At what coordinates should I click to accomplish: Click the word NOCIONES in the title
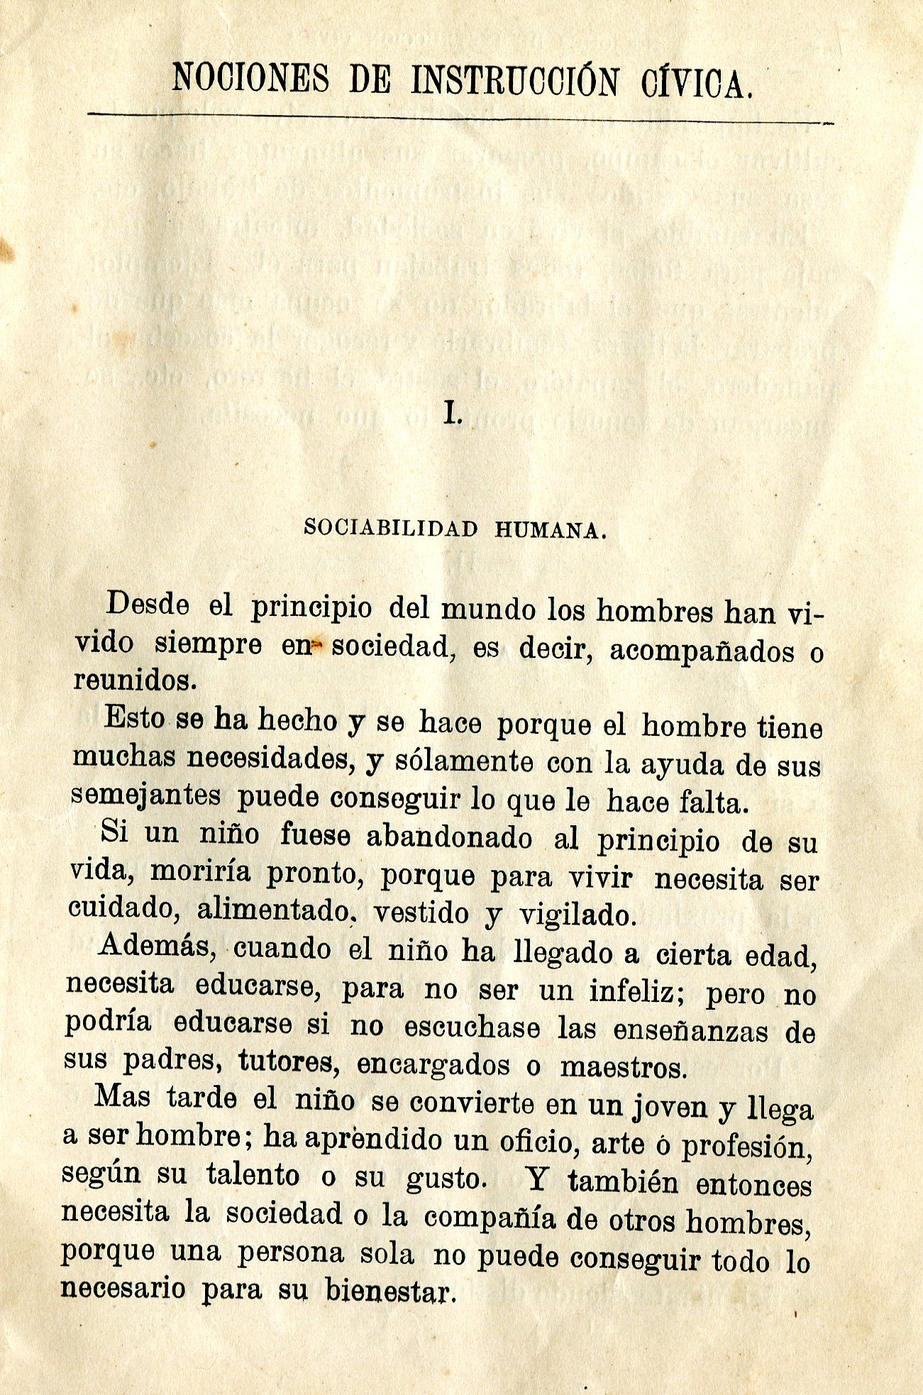251,79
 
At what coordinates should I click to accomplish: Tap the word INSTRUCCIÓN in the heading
515,81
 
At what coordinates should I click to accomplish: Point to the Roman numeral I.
452,412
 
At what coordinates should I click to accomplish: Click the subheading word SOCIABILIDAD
390,528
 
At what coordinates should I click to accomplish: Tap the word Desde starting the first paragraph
148,605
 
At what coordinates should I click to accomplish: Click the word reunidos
133,681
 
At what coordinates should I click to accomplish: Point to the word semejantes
146,796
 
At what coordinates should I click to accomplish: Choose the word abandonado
449,837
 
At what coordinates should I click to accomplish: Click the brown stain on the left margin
7,248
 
